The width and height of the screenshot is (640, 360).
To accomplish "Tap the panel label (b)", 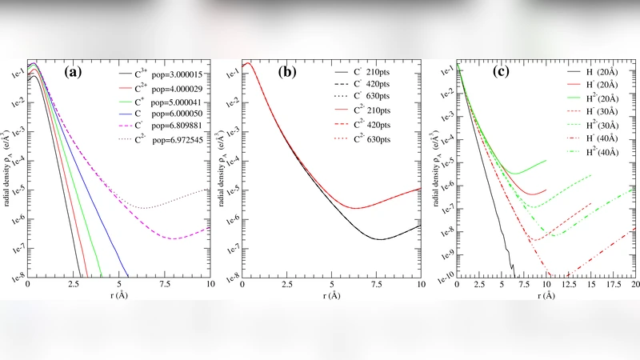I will click(x=287, y=72).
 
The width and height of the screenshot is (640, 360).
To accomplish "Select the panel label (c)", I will click(x=501, y=72).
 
